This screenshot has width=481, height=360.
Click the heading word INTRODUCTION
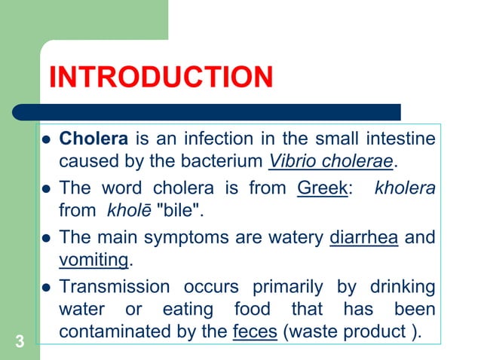pos(160,78)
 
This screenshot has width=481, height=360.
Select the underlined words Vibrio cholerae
pos(330,161)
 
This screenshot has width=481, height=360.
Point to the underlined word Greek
pos(322,188)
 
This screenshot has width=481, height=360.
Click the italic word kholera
pos(405,188)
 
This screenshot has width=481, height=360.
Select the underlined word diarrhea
pos(364,238)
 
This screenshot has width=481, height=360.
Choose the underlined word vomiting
pos(94,260)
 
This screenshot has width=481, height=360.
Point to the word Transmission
pos(115,287)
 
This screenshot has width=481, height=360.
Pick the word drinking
pos(403,287)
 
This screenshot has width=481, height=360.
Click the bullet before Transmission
pos(45,288)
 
